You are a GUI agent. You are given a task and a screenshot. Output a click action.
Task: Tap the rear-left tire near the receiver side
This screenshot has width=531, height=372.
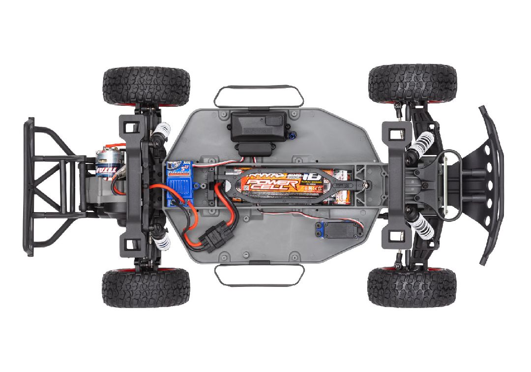(146, 86)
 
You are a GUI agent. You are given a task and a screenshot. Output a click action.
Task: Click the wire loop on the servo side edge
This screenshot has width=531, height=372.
(259, 275)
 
